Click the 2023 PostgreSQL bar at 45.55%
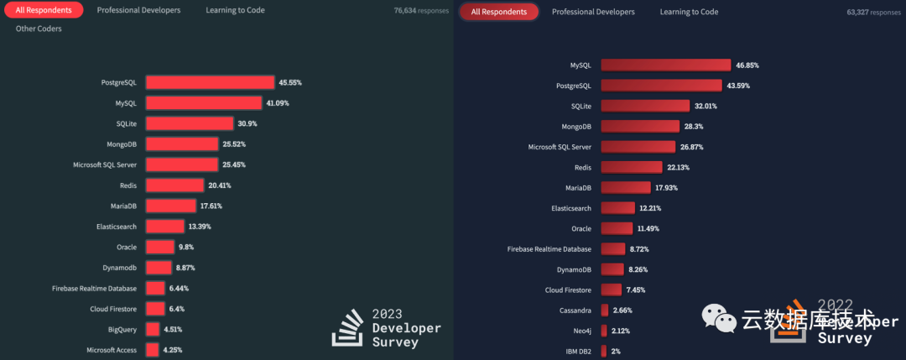[210, 82]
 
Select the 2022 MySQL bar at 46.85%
[665, 65]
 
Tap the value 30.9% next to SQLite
[248, 123]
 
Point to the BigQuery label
[122, 329]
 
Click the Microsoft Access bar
[152, 349]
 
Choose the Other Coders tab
[39, 29]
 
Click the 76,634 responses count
[421, 12]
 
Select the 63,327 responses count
[872, 13]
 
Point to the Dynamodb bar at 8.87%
[159, 268]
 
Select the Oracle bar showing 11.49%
[617, 228]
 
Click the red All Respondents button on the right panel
[499, 13]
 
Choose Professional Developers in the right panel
[593, 13]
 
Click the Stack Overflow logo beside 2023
[346, 327]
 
